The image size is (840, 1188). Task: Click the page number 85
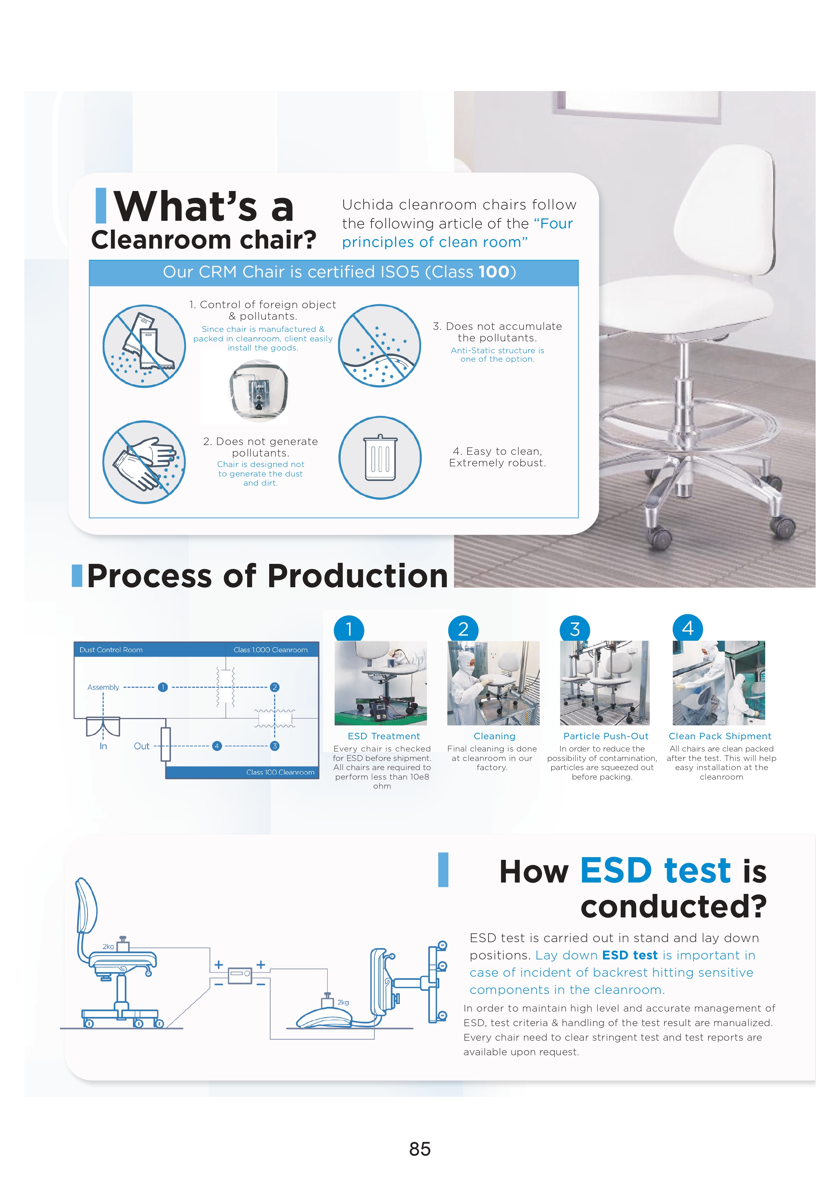[419, 1149]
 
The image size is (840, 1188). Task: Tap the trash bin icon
[380, 458]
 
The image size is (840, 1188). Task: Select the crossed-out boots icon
[144, 346]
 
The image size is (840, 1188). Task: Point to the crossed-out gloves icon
[144, 462]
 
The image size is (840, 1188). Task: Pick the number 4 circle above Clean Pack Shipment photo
[687, 629]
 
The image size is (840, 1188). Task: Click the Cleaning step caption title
[494, 736]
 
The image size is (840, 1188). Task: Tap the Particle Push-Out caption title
[606, 736]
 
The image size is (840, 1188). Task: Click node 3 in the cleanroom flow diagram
[275, 746]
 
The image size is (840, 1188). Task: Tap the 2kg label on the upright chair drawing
[108, 946]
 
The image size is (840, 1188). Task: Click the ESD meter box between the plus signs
[240, 975]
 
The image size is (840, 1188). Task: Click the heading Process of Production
[267, 576]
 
